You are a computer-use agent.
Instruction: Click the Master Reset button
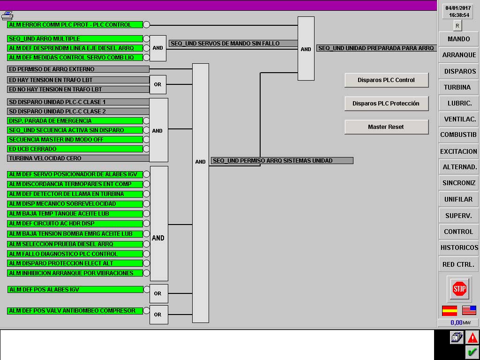[x=386, y=127]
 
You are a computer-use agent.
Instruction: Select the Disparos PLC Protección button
[x=386, y=104]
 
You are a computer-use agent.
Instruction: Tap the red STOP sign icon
[x=459, y=288]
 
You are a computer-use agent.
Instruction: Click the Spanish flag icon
[x=450, y=310]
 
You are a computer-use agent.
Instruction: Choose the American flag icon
[x=469, y=310]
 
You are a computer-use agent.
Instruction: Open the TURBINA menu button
[x=458, y=87]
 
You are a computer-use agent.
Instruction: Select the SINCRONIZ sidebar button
[x=458, y=183]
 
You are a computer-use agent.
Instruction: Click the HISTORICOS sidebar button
[x=458, y=247]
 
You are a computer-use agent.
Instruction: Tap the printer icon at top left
[x=7, y=15]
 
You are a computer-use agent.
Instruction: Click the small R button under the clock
[x=457, y=26]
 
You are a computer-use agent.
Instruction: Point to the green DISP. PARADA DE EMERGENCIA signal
[x=75, y=120]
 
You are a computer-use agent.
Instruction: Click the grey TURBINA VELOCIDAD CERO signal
[x=78, y=158]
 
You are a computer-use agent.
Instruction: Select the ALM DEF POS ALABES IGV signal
[x=75, y=289]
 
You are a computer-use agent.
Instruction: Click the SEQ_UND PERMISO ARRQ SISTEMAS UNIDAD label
[x=282, y=161]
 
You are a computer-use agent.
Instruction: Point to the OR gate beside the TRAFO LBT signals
[x=157, y=84]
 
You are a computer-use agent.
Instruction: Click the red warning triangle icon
[x=472, y=337]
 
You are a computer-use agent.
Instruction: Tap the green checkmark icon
[x=472, y=352]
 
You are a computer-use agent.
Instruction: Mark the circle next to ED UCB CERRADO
[x=147, y=149]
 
